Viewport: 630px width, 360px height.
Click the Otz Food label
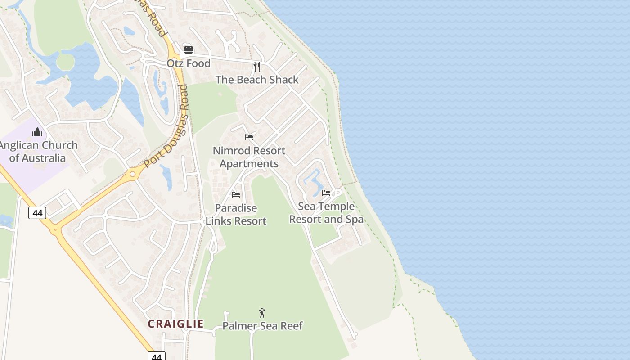tap(189, 63)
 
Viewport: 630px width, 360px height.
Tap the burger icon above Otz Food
tap(189, 49)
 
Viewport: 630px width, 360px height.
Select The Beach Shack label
tap(257, 80)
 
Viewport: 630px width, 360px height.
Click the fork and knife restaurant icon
tap(257, 67)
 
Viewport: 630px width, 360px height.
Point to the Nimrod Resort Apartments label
tap(249, 157)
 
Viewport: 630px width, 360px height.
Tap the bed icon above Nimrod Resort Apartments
tap(249, 137)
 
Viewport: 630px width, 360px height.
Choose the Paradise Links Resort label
tap(236, 215)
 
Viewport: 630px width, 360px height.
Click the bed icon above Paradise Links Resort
tap(236, 194)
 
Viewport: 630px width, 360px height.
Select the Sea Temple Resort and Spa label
tap(326, 213)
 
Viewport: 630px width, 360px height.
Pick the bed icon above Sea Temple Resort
tap(326, 193)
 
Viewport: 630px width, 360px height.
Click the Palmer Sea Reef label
tap(263, 326)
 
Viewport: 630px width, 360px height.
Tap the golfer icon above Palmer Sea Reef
tap(262, 312)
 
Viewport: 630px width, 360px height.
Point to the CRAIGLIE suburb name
tap(176, 324)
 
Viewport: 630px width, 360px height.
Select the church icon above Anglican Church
tap(37, 132)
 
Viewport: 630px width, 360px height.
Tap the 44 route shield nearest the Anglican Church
tap(37, 212)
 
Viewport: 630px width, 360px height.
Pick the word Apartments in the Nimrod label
tap(249, 164)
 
